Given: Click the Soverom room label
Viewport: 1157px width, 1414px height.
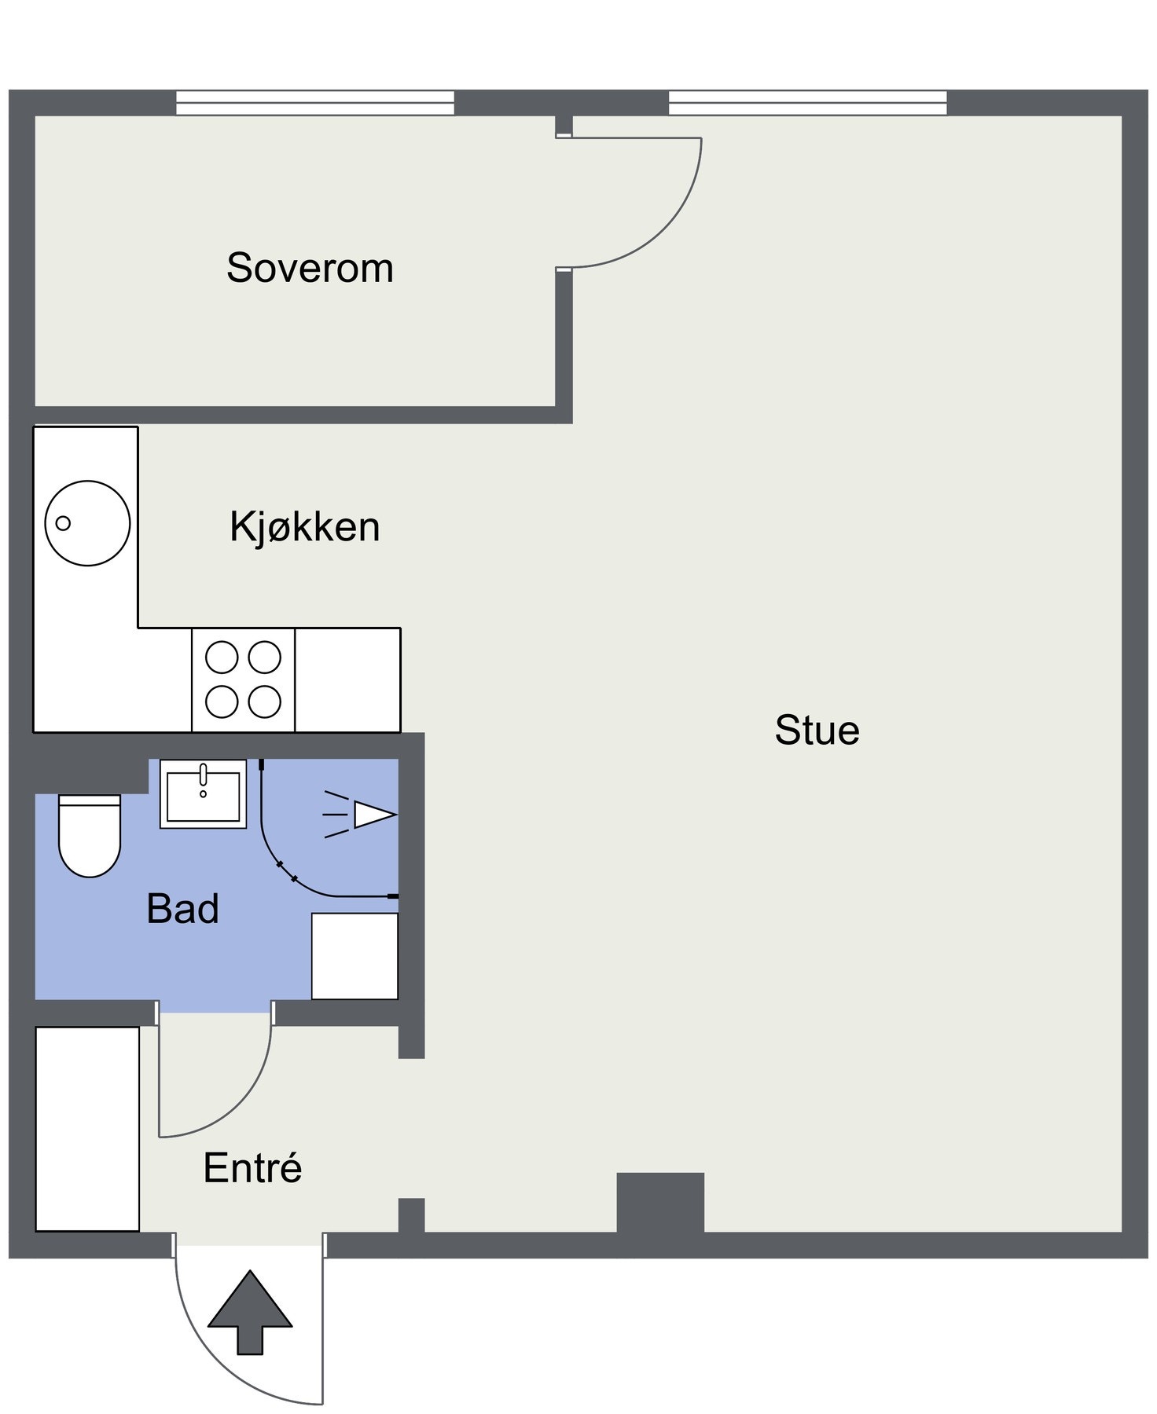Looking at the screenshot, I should [x=310, y=268].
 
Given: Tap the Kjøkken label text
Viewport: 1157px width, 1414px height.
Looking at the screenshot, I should [x=304, y=526].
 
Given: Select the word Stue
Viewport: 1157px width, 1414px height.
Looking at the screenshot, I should [x=817, y=730].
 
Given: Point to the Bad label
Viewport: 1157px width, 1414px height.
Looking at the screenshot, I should [x=182, y=909].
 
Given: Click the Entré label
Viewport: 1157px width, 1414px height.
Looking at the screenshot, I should [x=252, y=1168].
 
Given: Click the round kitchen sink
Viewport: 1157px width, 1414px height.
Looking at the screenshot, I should [x=87, y=523].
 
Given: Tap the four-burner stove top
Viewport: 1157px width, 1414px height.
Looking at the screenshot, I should [x=243, y=680].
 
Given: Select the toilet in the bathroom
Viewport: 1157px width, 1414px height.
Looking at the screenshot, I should [x=90, y=836].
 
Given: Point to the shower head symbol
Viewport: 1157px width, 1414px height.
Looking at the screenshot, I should [x=369, y=815].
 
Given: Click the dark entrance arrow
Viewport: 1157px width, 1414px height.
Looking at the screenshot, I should [x=250, y=1313].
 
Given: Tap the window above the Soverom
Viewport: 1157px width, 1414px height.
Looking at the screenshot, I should [x=314, y=103].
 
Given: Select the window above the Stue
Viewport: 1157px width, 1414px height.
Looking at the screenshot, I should [x=807, y=103].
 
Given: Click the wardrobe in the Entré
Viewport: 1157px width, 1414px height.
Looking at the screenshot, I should [x=87, y=1129].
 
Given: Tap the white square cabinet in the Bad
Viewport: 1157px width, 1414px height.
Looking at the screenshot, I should [x=354, y=956].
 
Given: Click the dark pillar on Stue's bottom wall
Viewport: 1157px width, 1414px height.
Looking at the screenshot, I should [x=659, y=1203].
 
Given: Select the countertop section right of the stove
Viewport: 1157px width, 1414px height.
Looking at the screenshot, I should [x=347, y=680].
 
